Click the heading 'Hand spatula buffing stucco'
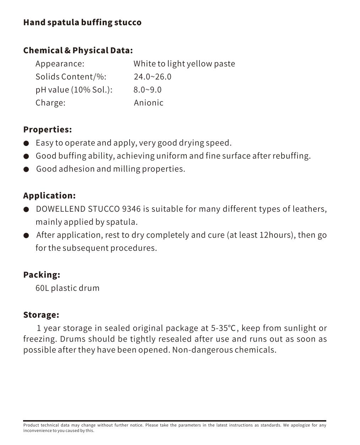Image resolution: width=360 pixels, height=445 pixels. pyautogui.click(x=82, y=22)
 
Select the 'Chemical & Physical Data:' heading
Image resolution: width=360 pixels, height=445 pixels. pyautogui.click(x=78, y=50)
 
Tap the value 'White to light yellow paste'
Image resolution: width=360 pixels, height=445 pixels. pyautogui.click(x=184, y=64)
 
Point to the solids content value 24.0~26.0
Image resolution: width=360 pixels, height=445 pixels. pyautogui.click(x=152, y=77)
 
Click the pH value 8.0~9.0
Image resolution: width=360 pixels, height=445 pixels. pyautogui.click(x=147, y=90)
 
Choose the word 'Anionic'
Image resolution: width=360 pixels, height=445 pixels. pyautogui.click(x=148, y=103)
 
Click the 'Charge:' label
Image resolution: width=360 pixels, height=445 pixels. pyautogui.click(x=50, y=103)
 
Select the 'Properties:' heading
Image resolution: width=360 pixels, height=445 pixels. pyautogui.click(x=47, y=130)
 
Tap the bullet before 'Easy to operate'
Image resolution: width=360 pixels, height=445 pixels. pyautogui.click(x=26, y=143)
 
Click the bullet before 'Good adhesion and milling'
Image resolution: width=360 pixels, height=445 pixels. pyautogui.click(x=26, y=169)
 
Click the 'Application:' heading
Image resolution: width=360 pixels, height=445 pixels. pyautogui.click(x=49, y=196)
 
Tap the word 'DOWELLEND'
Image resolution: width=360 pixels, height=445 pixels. pyautogui.click(x=60, y=209)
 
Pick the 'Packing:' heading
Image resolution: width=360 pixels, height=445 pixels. pyautogui.click(x=42, y=275)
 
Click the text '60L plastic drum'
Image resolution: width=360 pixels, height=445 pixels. pyautogui.click(x=67, y=288)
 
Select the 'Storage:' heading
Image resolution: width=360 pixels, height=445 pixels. pyautogui.click(x=41, y=315)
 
